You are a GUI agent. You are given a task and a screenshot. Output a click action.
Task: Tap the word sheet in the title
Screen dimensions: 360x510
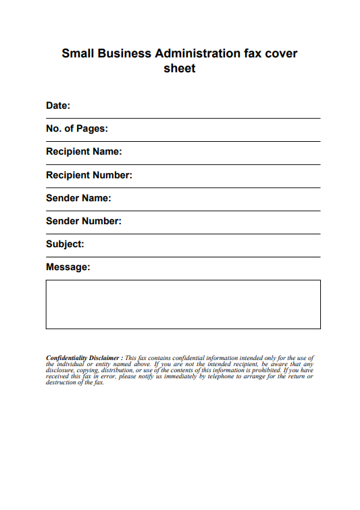pyautogui.click(x=180, y=68)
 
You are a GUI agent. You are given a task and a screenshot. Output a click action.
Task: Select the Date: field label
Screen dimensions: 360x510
pyautogui.click(x=58, y=105)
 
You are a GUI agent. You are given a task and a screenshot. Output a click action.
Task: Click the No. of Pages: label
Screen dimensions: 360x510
pyautogui.click(x=77, y=128)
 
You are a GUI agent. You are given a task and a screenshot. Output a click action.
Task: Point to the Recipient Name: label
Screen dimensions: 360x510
pyautogui.click(x=84, y=151)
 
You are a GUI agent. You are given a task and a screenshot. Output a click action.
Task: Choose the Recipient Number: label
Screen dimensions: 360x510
pyautogui.click(x=89, y=175)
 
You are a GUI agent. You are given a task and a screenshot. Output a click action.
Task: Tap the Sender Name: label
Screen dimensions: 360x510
pyautogui.click(x=78, y=198)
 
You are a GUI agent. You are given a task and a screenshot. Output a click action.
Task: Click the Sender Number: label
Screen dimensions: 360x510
pyautogui.click(x=84, y=221)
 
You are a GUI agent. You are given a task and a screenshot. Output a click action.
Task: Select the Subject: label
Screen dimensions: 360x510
pyautogui.click(x=65, y=244)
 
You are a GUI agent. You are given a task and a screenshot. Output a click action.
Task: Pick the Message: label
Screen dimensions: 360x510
pyautogui.click(x=68, y=267)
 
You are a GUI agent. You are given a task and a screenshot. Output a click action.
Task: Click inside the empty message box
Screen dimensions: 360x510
pyautogui.click(x=183, y=305)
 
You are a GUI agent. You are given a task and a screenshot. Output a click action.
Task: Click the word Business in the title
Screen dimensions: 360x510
pyautogui.click(x=128, y=53)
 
